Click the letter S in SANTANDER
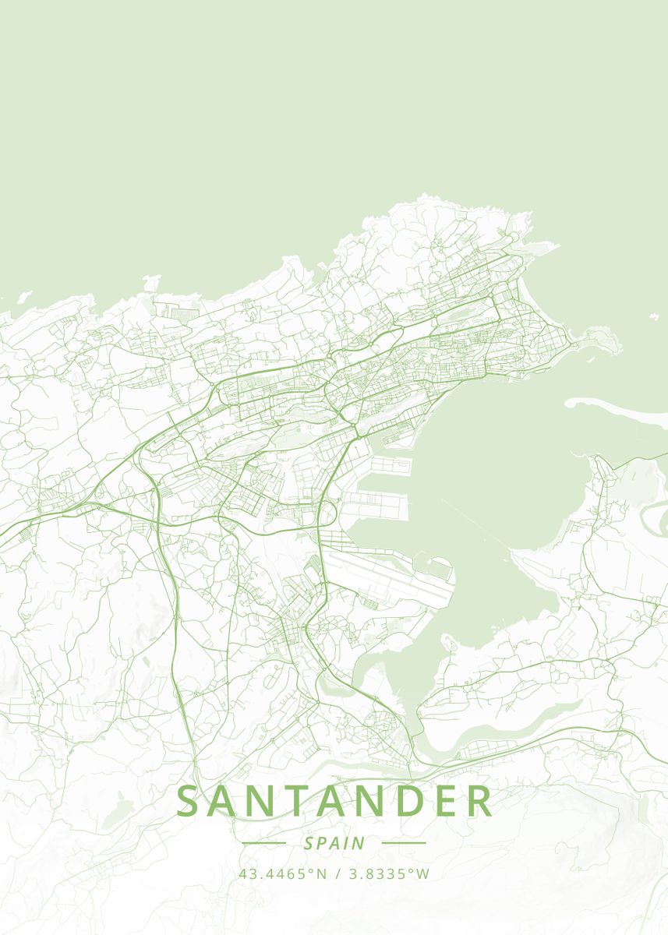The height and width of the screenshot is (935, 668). tap(189, 802)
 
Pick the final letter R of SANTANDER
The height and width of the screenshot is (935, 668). tap(480, 802)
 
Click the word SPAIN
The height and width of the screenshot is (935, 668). tap(334, 843)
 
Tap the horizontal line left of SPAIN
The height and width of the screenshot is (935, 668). tap(264, 843)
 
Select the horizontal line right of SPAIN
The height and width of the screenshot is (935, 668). tap(404, 843)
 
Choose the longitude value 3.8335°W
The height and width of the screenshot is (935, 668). tap(389, 874)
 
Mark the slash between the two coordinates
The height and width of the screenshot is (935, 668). tap(338, 874)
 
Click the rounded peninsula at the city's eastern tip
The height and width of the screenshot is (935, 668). tap(600, 340)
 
